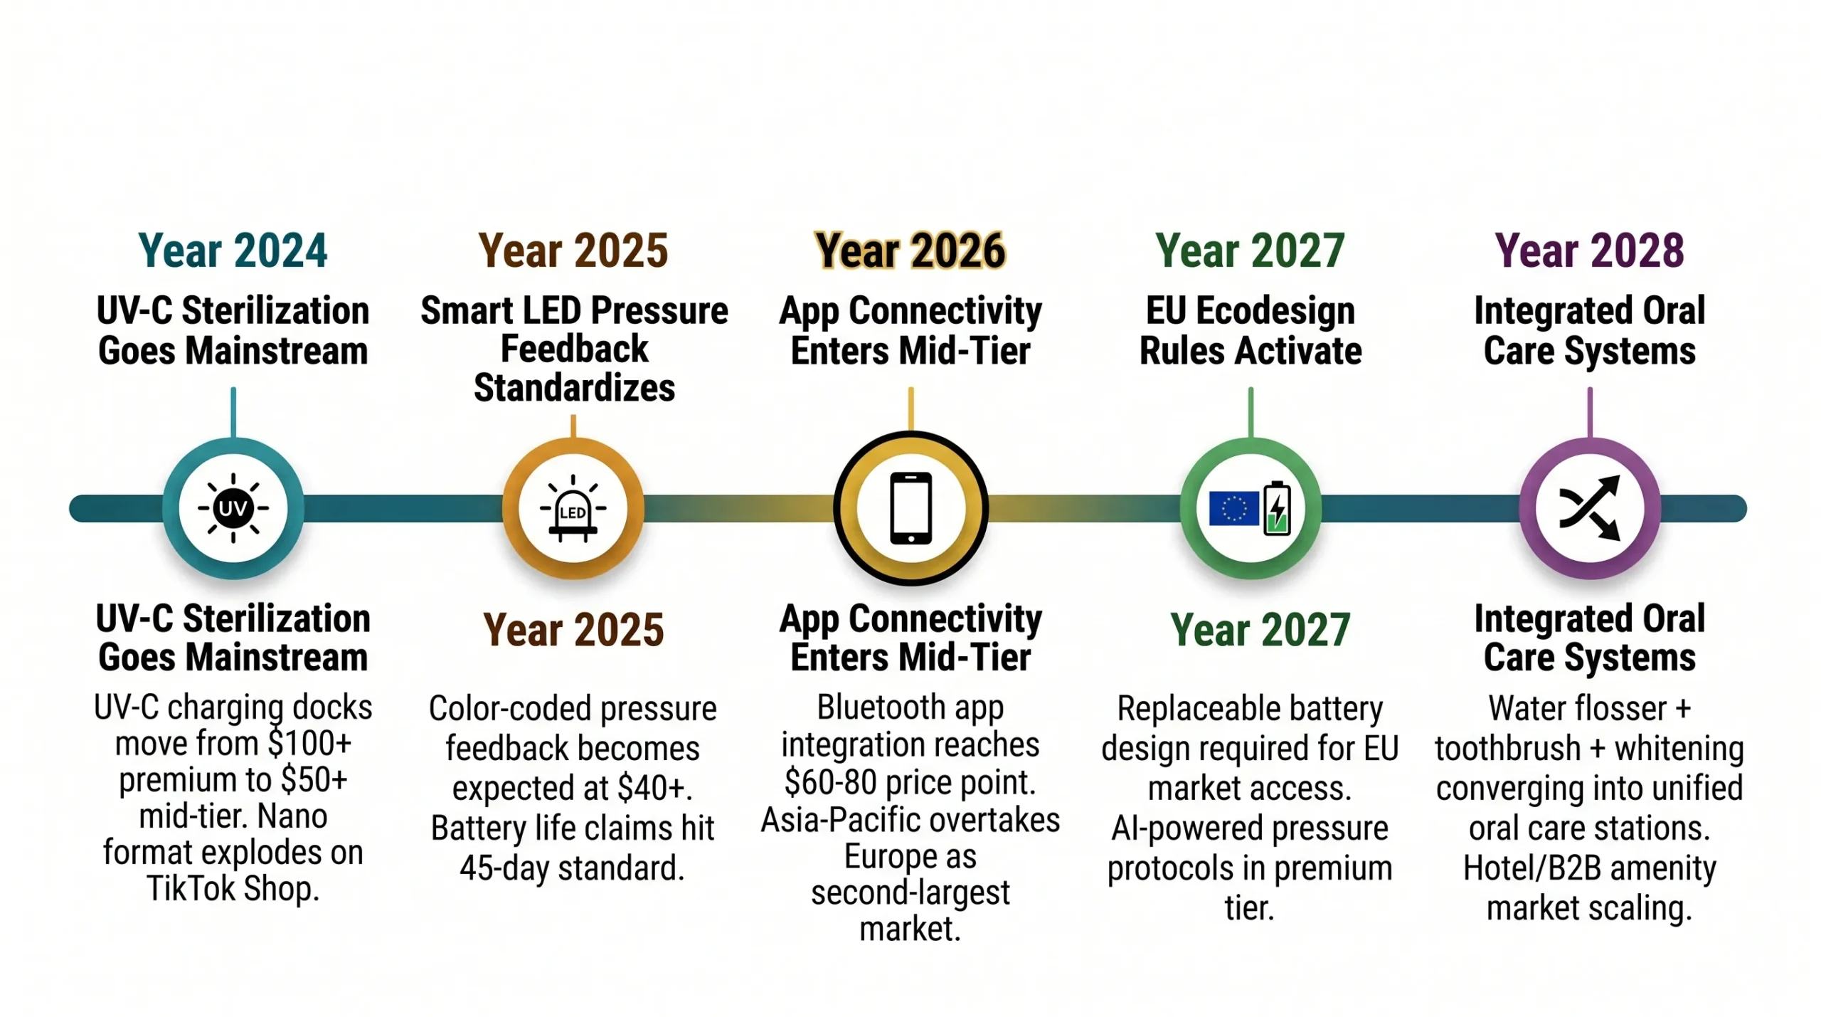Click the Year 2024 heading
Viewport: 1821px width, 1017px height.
coord(233,251)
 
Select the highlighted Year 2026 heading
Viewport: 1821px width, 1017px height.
coord(910,251)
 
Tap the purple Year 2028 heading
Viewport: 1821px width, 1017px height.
coord(1589,251)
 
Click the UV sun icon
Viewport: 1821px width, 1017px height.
coord(233,508)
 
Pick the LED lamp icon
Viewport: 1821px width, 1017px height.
coord(573,508)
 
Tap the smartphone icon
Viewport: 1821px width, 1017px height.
coord(910,508)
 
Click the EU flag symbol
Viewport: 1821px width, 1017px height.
coord(1233,509)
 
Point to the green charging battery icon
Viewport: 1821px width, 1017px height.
coord(1277,508)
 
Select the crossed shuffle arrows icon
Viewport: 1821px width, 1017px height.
coord(1589,508)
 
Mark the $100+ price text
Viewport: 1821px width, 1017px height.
coord(310,744)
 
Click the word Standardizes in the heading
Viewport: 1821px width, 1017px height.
coord(574,388)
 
